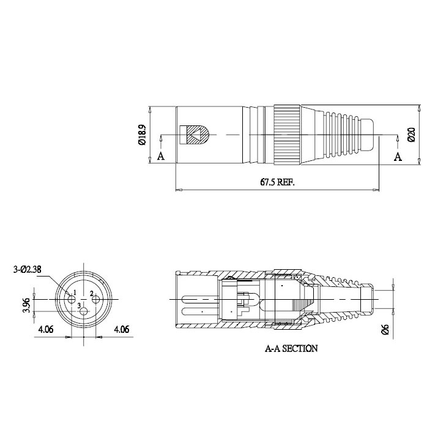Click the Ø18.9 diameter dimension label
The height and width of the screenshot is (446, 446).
point(142,135)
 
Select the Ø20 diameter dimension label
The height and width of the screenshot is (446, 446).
point(412,135)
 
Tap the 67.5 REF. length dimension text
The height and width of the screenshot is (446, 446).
point(277,182)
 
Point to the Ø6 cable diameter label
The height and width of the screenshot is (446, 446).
point(385,329)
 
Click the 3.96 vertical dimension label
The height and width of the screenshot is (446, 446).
point(26,305)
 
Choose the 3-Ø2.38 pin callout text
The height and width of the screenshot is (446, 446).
point(28,269)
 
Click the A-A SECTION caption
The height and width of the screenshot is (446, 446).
point(291,349)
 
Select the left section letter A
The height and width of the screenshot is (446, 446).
point(161,156)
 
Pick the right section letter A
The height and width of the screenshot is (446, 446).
point(398,157)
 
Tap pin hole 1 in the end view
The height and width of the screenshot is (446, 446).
point(72,299)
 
